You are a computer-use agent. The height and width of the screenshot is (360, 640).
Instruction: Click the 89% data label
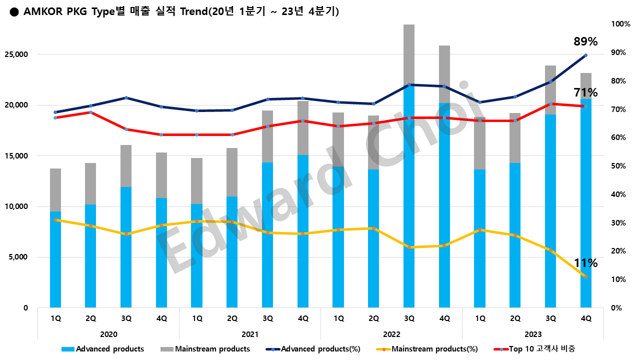coord(585,41)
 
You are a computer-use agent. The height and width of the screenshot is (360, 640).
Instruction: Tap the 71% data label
coord(585,92)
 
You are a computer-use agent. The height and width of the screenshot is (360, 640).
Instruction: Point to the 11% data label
coord(585,263)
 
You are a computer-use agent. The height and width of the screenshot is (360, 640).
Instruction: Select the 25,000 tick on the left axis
coord(18,54)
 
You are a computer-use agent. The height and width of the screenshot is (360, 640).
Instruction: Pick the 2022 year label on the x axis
coord(391,334)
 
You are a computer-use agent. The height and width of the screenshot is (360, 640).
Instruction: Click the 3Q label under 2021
coord(267,318)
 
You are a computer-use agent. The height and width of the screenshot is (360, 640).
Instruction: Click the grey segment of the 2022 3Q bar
coord(409,54)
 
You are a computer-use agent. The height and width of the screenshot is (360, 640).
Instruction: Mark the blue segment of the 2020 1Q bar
coord(55,260)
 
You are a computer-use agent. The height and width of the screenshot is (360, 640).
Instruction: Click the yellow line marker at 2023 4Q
coord(585,277)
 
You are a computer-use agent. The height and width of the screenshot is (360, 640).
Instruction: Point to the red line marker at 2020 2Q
coord(91,112)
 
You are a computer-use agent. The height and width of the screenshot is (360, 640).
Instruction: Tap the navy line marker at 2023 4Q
coord(585,55)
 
